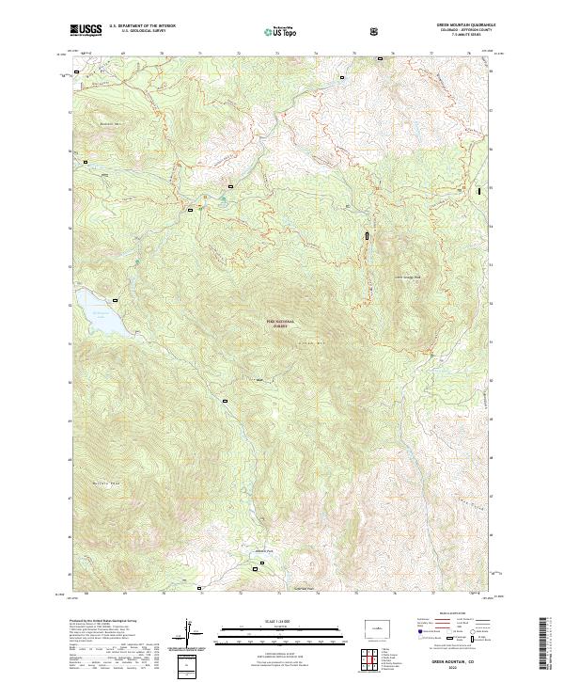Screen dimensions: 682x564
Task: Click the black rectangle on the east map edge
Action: click(x=480, y=190)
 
